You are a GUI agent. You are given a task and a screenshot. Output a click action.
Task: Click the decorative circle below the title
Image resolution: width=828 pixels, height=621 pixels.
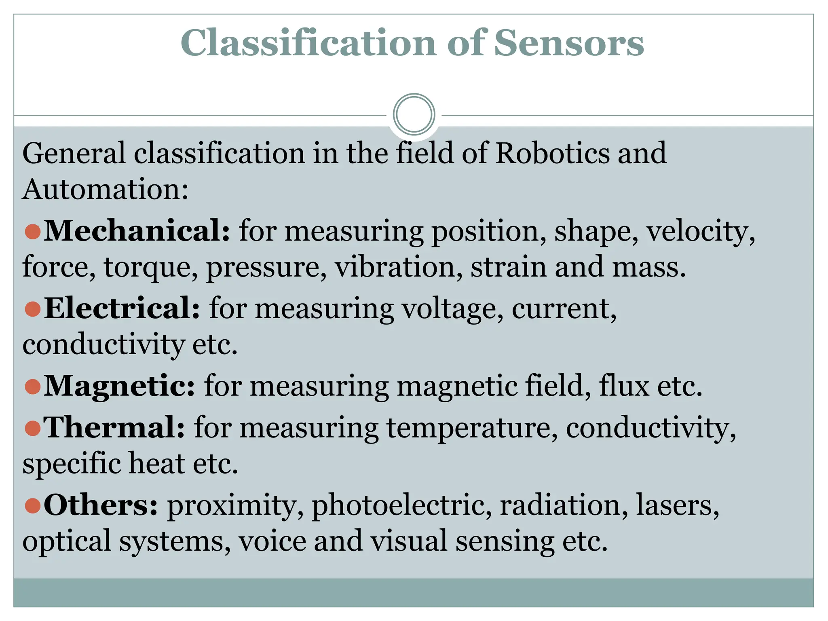(414, 114)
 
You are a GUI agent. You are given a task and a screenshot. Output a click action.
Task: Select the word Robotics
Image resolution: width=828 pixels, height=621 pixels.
(552, 153)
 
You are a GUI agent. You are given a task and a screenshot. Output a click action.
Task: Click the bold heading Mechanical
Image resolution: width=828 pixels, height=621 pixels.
(137, 230)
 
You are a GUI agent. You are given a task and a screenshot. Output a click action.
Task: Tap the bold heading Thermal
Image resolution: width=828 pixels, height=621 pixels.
(114, 427)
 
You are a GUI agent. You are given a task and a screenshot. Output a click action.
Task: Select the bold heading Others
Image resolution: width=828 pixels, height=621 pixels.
(101, 505)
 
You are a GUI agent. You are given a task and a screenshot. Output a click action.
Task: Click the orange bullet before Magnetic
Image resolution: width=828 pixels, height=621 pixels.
(32, 386)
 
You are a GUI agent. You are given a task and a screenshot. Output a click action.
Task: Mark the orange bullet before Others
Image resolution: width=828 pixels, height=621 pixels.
(32, 505)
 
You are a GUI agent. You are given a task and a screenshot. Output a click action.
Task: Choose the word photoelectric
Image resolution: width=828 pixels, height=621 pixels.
(402, 506)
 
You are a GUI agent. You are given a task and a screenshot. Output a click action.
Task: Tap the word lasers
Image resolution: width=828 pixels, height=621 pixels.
(677, 505)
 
